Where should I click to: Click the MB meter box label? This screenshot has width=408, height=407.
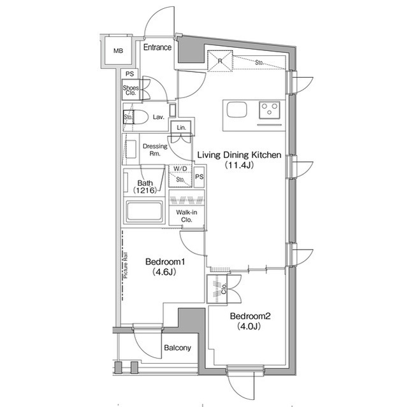118,51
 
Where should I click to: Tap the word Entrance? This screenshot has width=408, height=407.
157,47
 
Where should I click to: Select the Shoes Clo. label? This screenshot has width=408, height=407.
131,90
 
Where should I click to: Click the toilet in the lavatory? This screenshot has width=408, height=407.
138,117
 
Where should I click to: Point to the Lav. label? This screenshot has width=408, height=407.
159,117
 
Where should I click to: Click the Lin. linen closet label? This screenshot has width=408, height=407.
181,127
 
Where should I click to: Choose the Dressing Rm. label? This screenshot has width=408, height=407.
155,150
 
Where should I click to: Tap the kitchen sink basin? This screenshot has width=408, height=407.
237,110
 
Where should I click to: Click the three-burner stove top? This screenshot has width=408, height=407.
269,110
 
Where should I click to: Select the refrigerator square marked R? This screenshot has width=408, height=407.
220,61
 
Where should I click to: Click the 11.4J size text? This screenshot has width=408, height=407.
240,165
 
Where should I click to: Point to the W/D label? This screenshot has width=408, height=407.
180,169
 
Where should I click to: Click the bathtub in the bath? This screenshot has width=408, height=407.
145,211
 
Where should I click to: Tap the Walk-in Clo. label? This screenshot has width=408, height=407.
187,216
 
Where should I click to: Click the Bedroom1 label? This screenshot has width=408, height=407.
165,261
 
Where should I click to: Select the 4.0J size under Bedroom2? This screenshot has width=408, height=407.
249,326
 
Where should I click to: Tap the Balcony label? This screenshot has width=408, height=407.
177,348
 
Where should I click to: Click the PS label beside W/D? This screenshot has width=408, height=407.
199,177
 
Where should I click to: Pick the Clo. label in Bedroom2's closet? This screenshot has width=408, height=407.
224,289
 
